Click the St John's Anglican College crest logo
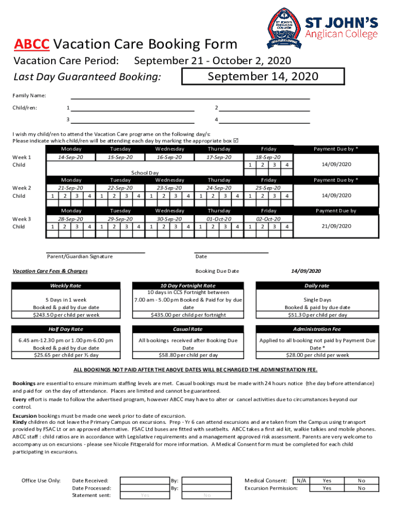coord(284,28)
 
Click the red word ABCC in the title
coord(32,45)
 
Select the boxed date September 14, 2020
coord(263,77)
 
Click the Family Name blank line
coord(190,95)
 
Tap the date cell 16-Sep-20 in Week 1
coord(170,157)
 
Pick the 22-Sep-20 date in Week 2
coord(120,188)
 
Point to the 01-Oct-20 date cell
coord(219,219)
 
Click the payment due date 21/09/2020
coord(336,226)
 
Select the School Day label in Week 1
coord(145,173)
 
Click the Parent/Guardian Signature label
coord(80,256)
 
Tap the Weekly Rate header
coord(66,286)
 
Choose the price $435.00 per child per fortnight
coord(188,315)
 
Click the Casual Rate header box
coord(188,329)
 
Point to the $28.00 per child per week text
coord(317,355)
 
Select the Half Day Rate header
coord(66,329)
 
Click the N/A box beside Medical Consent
coord(301,480)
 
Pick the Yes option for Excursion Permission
coord(327,488)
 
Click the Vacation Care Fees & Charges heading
coord(50,271)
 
